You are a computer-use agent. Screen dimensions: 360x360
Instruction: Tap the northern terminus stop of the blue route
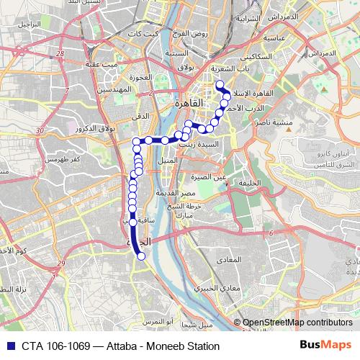pyautogui.click(x=219, y=84)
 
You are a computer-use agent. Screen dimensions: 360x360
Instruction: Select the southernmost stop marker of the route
pyautogui.click(x=141, y=256)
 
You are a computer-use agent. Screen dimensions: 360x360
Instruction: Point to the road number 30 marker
pyautogui.click(x=40, y=130)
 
